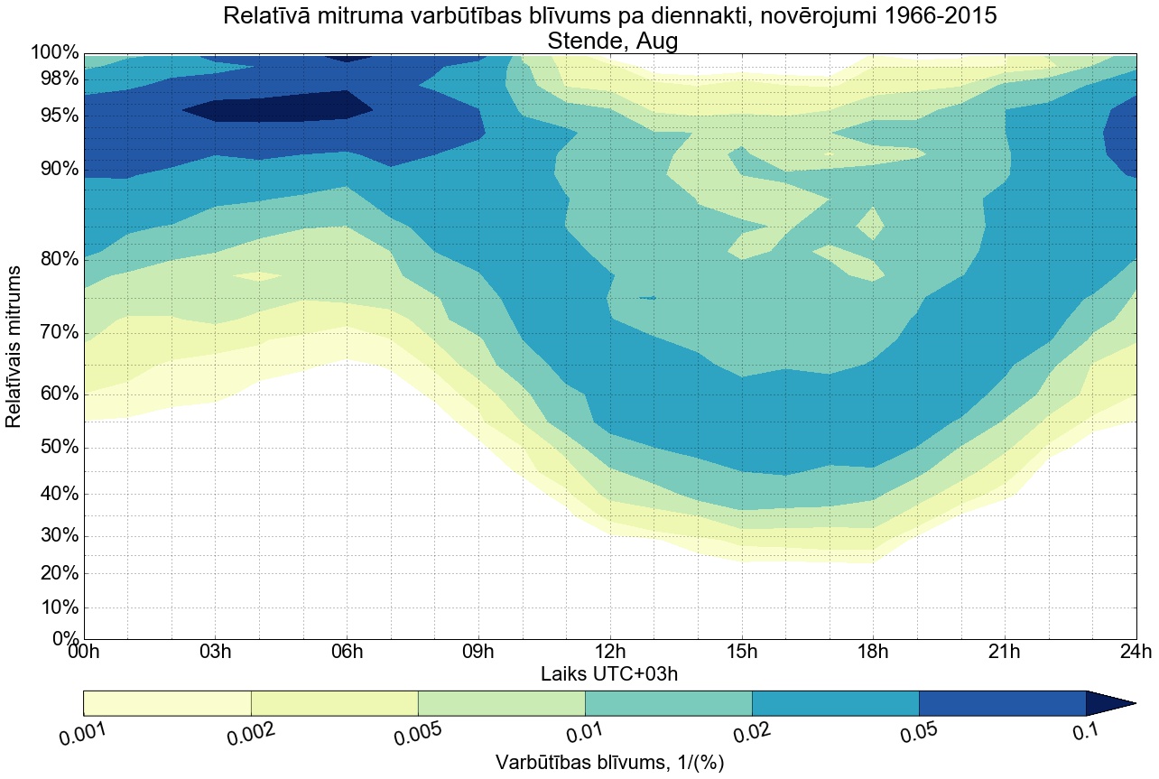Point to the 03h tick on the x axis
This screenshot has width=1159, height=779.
click(x=216, y=652)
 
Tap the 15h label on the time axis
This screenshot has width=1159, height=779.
click(x=741, y=652)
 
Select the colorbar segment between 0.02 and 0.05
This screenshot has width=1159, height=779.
click(x=835, y=703)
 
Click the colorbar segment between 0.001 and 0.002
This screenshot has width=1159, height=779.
click(x=167, y=703)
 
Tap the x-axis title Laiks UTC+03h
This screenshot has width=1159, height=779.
click(x=609, y=673)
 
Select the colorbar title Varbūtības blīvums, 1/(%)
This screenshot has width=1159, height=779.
click(x=609, y=762)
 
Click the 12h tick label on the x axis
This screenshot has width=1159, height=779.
click(x=609, y=652)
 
